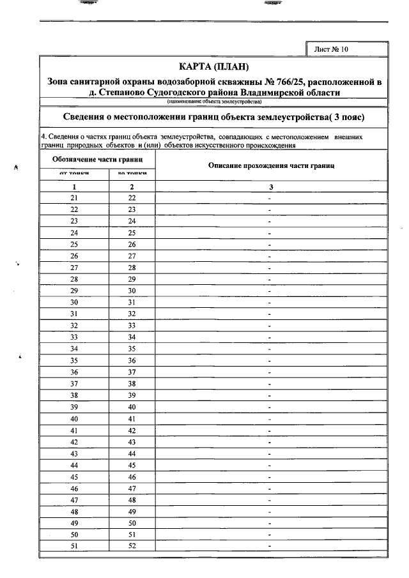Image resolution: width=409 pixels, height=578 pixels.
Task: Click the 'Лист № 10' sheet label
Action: [332, 49]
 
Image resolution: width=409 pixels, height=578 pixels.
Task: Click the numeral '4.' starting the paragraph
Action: [43, 137]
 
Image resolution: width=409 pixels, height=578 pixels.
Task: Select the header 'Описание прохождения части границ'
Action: [272, 165]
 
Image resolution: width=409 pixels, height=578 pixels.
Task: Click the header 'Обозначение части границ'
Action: [97, 158]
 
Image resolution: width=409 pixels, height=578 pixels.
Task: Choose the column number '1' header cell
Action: [74, 186]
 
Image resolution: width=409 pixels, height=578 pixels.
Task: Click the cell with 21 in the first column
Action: [74, 198]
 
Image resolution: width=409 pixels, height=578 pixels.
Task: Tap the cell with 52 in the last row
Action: [132, 546]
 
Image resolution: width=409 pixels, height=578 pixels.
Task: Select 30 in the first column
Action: [74, 302]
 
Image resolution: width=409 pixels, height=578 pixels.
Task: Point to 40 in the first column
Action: [74, 418]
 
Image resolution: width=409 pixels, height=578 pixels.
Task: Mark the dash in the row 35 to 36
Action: [270, 360]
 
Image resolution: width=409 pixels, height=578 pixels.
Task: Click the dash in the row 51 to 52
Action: [270, 546]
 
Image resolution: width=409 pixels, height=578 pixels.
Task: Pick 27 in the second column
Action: [132, 256]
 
